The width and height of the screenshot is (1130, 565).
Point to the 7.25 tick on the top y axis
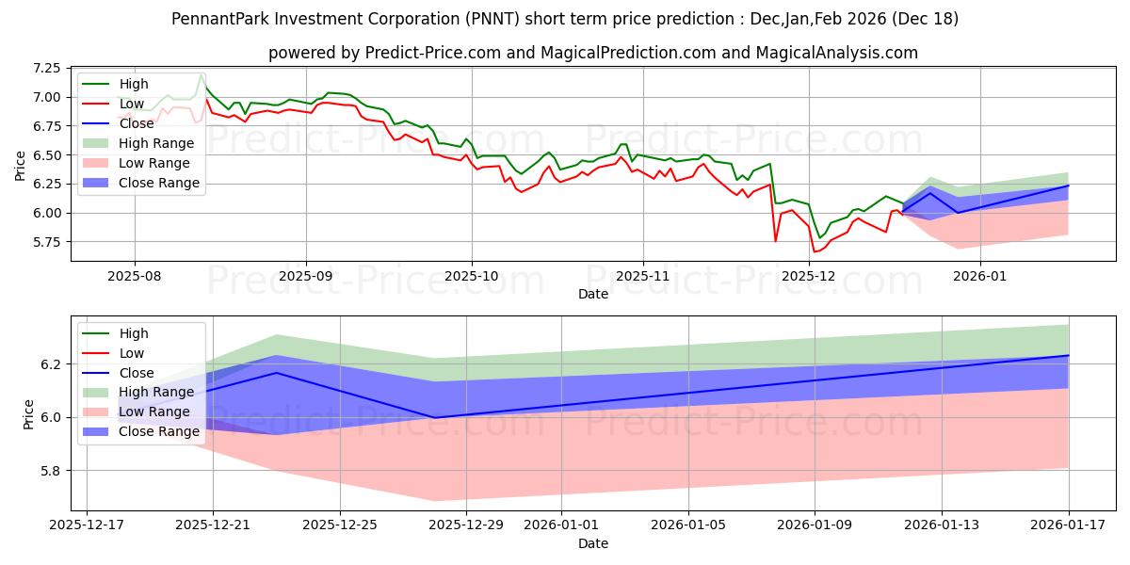click(45, 69)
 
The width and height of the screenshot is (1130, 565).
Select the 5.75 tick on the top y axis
click(45, 242)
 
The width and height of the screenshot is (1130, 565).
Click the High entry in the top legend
click(134, 84)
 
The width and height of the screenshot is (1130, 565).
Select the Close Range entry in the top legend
click(159, 183)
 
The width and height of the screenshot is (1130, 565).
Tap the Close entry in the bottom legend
click(137, 372)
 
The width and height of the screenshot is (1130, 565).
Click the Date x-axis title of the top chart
click(593, 295)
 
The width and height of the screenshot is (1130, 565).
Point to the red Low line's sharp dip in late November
click(776, 241)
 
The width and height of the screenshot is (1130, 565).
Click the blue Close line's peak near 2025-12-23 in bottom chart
click(276, 373)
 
